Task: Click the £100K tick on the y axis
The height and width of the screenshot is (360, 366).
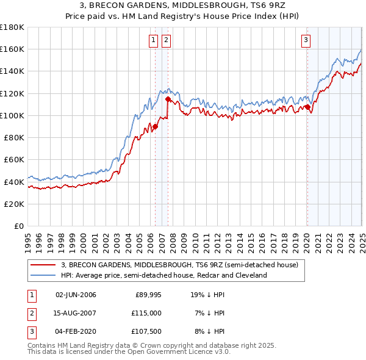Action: click(x=12, y=115)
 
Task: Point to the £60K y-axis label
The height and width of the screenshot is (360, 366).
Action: click(x=14, y=159)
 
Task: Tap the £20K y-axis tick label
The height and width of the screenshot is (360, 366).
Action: click(x=14, y=204)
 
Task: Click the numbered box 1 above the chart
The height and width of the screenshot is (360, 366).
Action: click(x=152, y=41)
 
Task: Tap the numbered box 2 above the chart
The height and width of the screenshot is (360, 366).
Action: click(x=166, y=41)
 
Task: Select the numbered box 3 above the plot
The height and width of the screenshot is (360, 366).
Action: click(x=305, y=41)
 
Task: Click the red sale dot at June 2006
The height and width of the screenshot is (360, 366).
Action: click(x=155, y=127)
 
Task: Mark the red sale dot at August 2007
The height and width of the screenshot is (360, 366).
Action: click(x=168, y=98)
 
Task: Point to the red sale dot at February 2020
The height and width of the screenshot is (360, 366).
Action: click(x=308, y=107)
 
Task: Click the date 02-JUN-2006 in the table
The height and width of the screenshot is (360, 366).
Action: click(x=76, y=295)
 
